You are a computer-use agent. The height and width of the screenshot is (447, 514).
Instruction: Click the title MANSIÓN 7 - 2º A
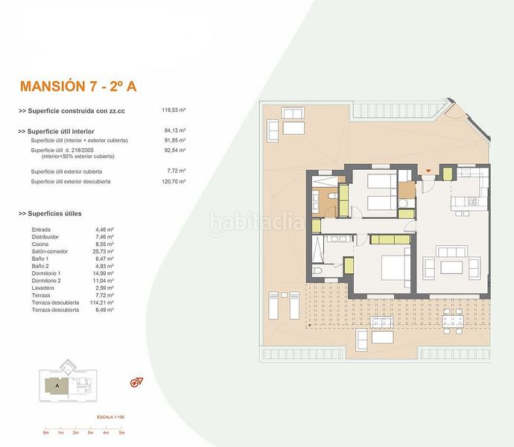pos(77,86)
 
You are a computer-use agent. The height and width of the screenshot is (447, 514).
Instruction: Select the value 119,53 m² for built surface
pos(174,110)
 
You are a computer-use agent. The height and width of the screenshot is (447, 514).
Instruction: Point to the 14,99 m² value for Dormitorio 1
pos(104,273)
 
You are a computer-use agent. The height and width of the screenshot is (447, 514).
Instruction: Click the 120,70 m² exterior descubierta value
pos(174,181)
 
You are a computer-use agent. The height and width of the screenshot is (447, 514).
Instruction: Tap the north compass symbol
pos(136,383)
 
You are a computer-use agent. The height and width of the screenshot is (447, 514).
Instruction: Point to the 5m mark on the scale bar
pos(121,433)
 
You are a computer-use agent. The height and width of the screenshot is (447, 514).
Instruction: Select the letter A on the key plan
pos(57,386)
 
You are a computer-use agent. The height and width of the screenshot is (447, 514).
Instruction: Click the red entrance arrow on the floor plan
pos(428,175)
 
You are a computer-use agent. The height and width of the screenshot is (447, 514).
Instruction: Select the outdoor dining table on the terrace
pos(452,322)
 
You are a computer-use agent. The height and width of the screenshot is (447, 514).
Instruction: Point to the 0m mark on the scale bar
pos(45,433)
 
